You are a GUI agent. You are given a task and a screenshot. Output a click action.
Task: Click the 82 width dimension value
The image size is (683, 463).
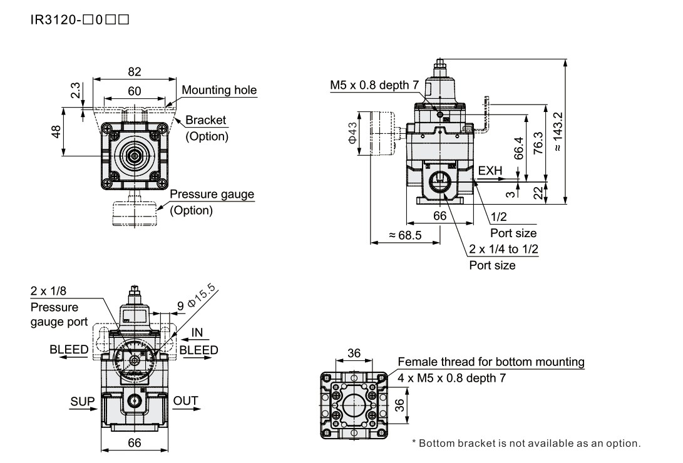pyautogui.click(x=134, y=71)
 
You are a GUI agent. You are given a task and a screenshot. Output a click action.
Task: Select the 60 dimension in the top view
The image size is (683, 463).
pyautogui.click(x=134, y=91)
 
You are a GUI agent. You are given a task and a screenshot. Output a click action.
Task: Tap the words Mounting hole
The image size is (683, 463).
pyautogui.click(x=219, y=90)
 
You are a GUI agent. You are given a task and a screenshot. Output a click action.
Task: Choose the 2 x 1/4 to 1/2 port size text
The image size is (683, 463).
pyautogui.click(x=504, y=249)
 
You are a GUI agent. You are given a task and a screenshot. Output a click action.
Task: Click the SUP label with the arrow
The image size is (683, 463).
pyautogui.click(x=82, y=401)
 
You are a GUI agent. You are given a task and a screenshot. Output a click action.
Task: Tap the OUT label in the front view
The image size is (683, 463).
pyautogui.click(x=185, y=401)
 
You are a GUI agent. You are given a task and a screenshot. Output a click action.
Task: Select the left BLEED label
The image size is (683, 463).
pyautogui.click(x=69, y=350)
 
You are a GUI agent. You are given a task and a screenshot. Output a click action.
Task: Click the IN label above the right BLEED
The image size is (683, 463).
pyautogui.click(x=197, y=332)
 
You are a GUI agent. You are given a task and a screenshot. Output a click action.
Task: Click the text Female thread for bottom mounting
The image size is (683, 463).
pyautogui.click(x=491, y=362)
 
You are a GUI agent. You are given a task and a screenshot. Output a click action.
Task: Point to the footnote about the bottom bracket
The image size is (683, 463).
pyautogui.click(x=526, y=444)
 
